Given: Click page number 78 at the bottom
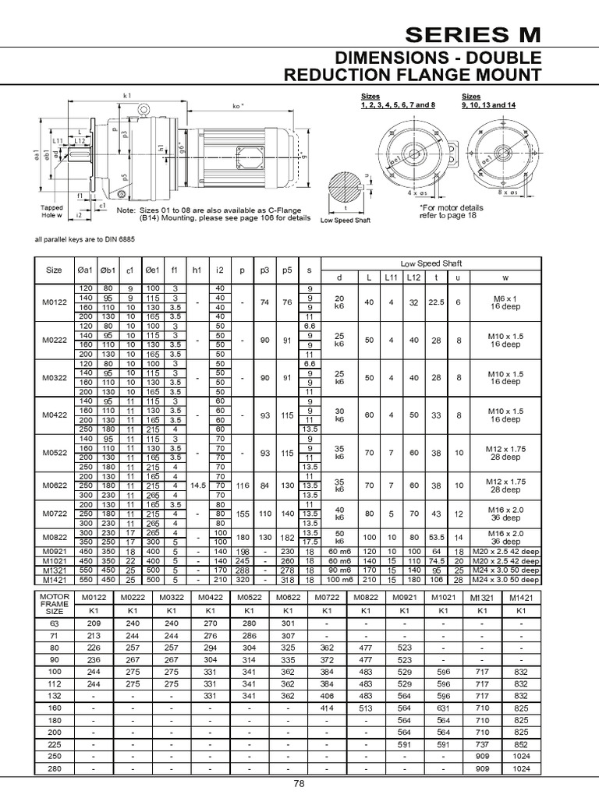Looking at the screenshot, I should click(299, 785).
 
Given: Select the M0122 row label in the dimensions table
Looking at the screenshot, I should click(54, 302).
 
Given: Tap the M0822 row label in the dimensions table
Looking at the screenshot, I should click(54, 537).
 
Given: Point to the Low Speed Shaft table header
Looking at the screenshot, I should click(431, 264).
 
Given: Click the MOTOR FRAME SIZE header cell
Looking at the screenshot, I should click(55, 603).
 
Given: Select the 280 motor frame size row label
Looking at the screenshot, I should click(55, 768).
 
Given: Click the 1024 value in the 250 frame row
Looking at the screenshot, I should click(521, 756).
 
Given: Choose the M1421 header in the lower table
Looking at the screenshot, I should click(521, 597).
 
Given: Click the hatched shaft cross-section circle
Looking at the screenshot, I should click(344, 189).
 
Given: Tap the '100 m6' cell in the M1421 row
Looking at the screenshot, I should click(339, 580).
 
